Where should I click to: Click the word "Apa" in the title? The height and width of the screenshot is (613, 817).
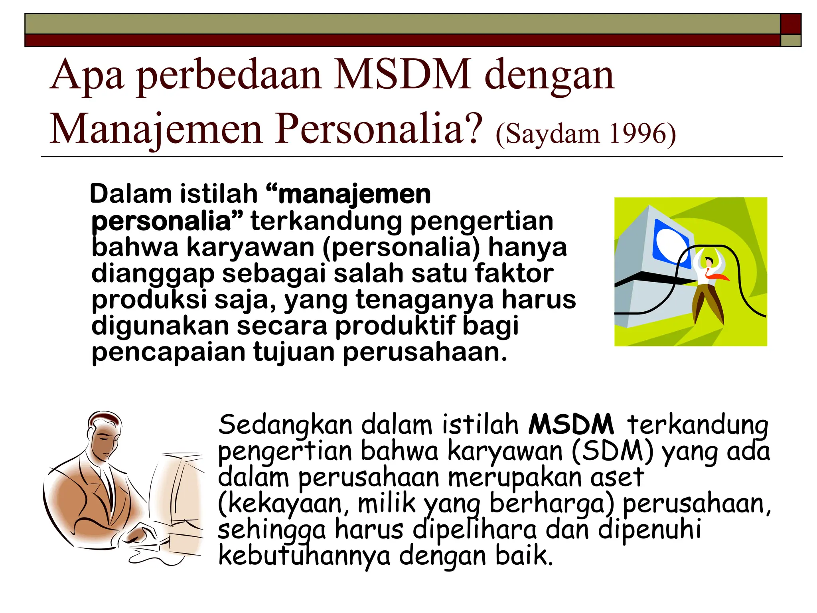click(87, 76)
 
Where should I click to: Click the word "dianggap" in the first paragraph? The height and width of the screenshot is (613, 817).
click(153, 275)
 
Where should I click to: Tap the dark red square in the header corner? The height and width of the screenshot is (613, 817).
click(791, 24)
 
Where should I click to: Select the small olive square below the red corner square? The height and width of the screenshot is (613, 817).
click(791, 40)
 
